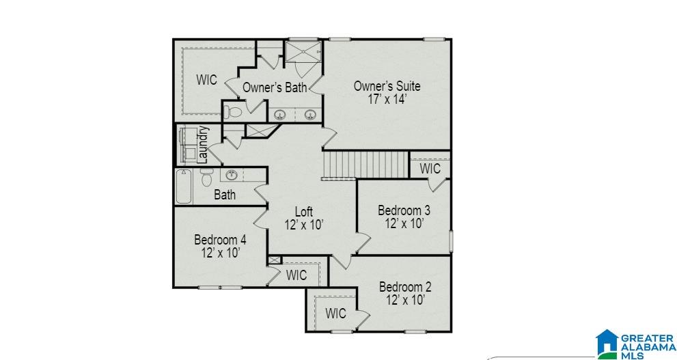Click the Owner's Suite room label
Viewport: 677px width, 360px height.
pos(387,86)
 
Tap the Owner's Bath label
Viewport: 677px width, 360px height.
pos(275,87)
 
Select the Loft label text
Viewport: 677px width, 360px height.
pos(303,211)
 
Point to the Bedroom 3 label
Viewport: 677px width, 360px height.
pos(404,210)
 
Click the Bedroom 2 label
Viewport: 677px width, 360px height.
pos(405,287)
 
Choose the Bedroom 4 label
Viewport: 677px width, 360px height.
pos(220,240)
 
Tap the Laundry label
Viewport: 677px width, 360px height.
pos(203,144)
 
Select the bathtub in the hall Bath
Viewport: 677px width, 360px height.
pos(184,186)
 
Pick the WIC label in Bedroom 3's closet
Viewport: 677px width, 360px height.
pos(430,168)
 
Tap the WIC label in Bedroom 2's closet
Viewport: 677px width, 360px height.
pos(335,314)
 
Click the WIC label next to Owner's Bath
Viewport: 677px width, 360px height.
pos(207,80)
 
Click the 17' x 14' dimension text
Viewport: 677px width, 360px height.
pos(387,99)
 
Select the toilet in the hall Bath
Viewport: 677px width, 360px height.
pos(206,179)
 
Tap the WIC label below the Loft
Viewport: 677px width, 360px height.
pos(296,275)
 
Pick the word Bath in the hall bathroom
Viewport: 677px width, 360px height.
pos(225,195)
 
